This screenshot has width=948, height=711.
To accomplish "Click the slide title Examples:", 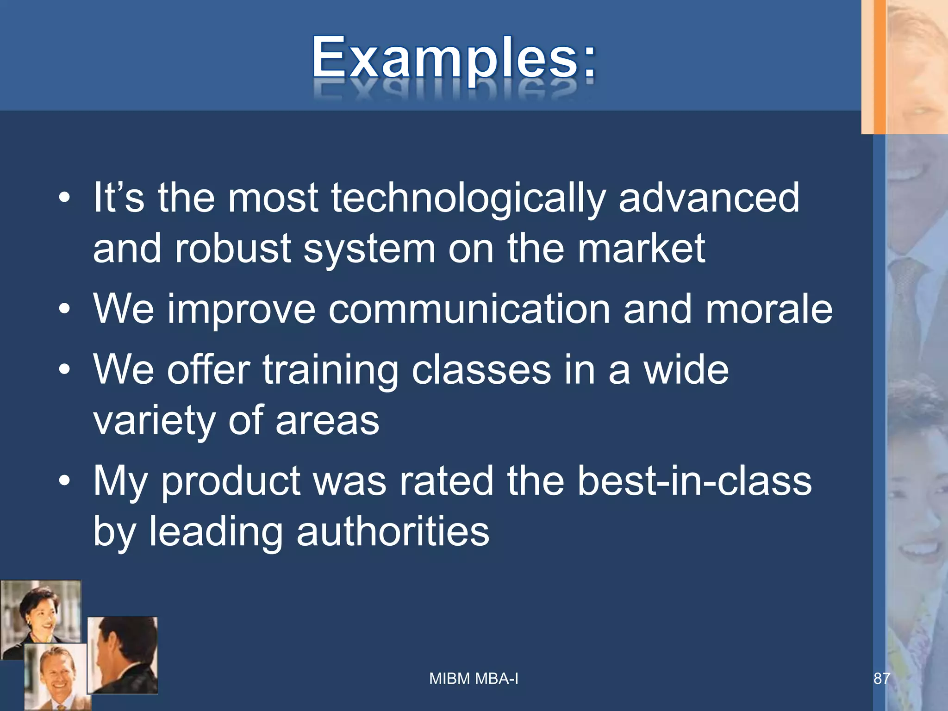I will point(454,59).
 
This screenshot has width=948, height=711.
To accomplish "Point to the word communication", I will point(469,310).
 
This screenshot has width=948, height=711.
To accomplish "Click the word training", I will point(330,371).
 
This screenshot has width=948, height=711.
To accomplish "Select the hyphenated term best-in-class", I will point(694,481).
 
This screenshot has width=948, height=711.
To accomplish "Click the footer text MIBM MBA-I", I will point(474,679).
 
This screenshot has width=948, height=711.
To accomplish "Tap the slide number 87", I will point(881,679).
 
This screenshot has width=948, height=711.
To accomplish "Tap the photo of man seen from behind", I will point(123,655).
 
